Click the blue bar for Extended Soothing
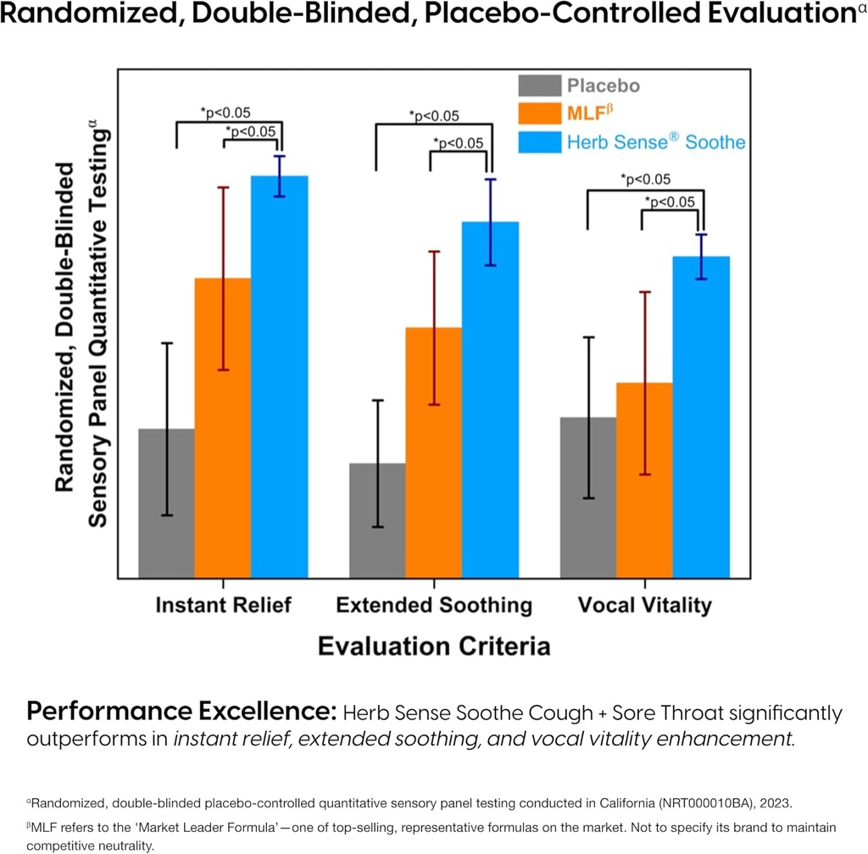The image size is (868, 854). click(x=490, y=399)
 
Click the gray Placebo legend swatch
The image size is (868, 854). click(x=539, y=86)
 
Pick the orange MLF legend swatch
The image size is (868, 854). click(x=539, y=114)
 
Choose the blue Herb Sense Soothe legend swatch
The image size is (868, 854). click(x=539, y=141)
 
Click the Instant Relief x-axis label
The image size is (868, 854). click(x=223, y=605)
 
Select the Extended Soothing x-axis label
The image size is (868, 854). click(x=434, y=605)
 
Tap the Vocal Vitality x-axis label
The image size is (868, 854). click(x=644, y=605)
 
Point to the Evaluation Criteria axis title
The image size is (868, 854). click(x=434, y=646)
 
